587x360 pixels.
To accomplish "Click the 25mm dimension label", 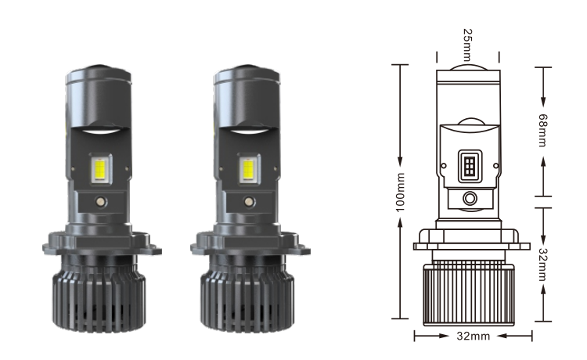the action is tap(467, 45).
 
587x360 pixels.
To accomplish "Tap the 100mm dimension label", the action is tap(400, 193).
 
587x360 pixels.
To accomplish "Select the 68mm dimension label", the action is tap(542, 130).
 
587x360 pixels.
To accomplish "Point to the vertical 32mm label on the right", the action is tap(542, 265).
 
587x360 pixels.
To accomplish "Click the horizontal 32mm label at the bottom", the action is tap(474, 336).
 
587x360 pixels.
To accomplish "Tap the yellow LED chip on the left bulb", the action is tap(100, 169).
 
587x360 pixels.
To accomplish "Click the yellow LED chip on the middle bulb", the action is tap(248, 169).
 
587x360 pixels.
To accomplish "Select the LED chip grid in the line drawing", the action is tap(470, 166).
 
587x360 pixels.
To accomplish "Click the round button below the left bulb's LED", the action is tap(100, 202).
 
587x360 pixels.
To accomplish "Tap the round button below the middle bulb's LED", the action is tap(249, 202).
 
